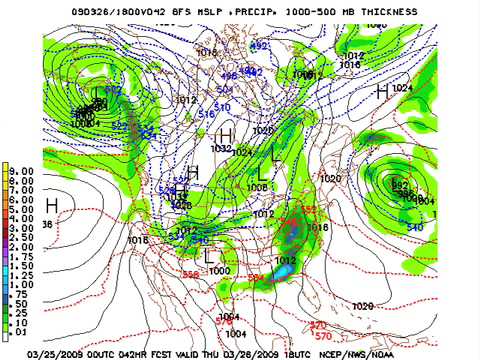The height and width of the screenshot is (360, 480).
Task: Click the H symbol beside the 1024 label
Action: (381, 91)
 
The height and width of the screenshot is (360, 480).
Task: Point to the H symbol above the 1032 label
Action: (226, 134)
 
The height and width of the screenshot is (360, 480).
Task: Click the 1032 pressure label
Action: (222, 148)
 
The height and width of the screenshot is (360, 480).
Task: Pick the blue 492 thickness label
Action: (259, 46)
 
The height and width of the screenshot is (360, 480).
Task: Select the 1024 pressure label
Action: (402, 88)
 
